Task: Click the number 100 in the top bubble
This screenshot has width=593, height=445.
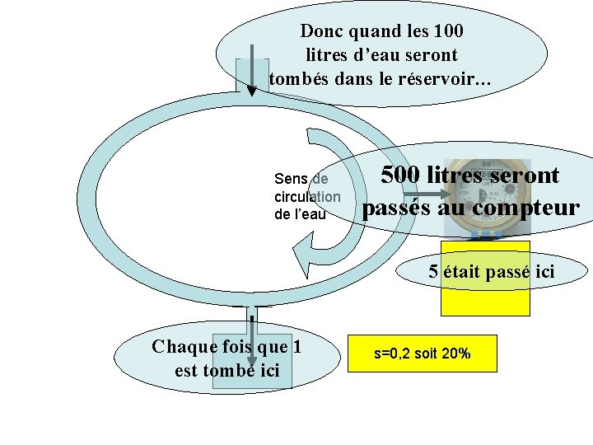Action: (446, 31)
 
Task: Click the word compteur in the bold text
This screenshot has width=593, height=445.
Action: (527, 207)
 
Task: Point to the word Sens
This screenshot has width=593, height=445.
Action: (291, 179)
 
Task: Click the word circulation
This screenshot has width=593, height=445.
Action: (306, 197)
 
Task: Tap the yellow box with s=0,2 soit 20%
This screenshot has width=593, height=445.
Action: (423, 354)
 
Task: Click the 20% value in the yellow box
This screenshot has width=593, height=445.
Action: (456, 354)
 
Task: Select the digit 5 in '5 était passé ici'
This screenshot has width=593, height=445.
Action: (433, 271)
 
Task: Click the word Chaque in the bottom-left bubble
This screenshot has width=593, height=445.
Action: (181, 346)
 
